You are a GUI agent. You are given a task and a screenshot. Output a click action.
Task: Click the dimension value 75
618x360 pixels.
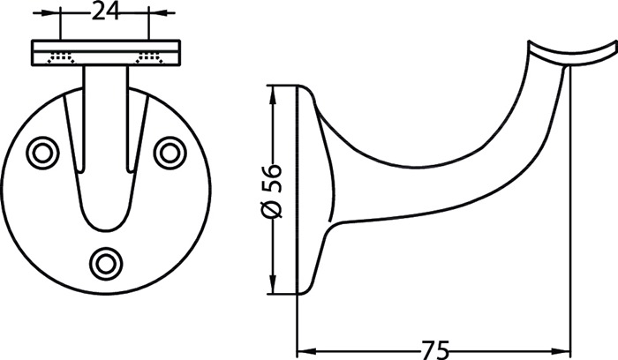click(435, 350)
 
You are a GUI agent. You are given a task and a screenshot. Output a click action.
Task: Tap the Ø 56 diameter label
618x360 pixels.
click(272, 191)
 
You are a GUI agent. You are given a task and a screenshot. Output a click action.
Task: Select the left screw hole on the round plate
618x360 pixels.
click(42, 153)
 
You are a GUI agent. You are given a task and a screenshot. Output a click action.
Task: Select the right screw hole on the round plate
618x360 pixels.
click(170, 153)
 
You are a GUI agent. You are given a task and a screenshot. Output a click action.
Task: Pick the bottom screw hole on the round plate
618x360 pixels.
click(106, 264)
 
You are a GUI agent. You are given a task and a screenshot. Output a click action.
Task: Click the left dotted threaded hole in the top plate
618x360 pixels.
click(61, 57)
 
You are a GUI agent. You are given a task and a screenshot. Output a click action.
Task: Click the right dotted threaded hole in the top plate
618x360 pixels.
click(149, 57)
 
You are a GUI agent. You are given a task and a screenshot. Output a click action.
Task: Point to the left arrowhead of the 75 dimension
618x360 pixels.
click(306, 350)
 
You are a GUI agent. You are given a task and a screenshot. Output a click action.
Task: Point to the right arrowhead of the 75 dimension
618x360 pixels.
click(561, 350)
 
